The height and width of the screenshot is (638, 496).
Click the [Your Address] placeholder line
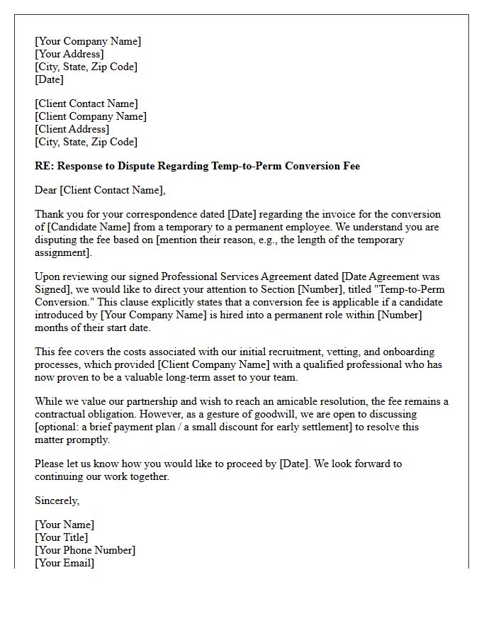point(69,54)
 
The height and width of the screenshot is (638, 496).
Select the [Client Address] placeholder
point(72,129)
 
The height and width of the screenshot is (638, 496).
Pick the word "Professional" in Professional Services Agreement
point(192,276)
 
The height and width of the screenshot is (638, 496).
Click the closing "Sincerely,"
point(57,500)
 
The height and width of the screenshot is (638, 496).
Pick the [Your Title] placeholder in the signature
point(62,537)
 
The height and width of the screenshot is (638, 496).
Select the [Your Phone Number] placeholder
point(85,550)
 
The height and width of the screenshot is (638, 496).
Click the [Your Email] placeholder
point(64,563)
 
